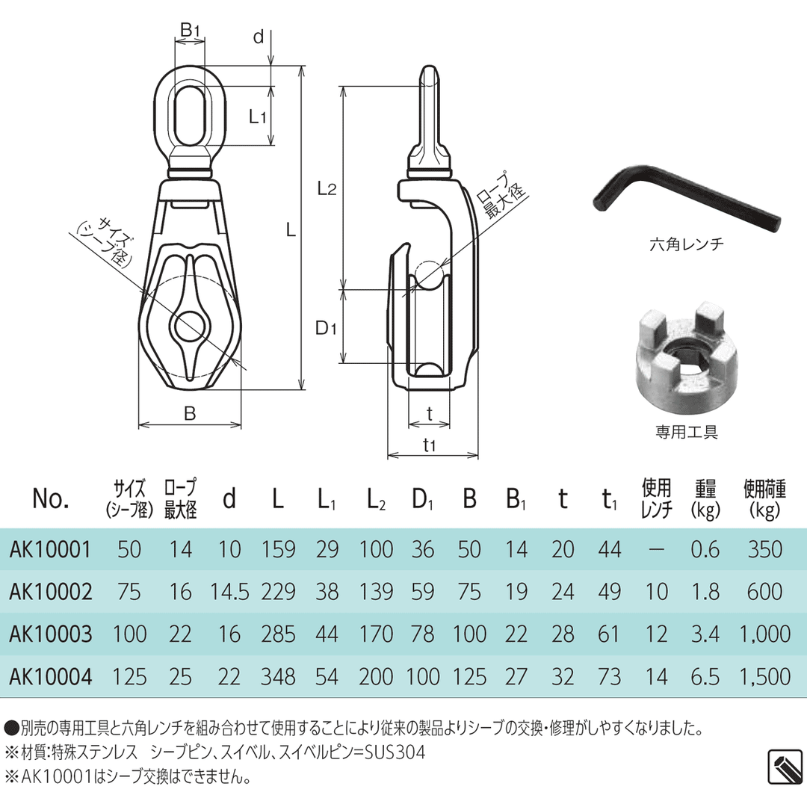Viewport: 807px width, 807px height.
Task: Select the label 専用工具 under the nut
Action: pos(686,432)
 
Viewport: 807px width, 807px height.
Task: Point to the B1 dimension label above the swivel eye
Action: pos(190,30)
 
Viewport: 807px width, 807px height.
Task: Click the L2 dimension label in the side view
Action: pos(326,189)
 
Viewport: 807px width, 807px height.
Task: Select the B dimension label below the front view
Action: pos(190,413)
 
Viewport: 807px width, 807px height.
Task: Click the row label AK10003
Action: pos(51,634)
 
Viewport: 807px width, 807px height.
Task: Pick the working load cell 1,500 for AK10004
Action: pos(764,677)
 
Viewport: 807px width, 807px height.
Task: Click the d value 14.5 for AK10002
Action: pos(229,592)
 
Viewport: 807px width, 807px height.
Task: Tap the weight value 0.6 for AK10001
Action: pos(705,550)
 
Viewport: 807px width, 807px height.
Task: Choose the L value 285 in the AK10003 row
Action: pos(277,634)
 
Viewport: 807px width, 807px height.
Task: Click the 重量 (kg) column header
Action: pos(705,499)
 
